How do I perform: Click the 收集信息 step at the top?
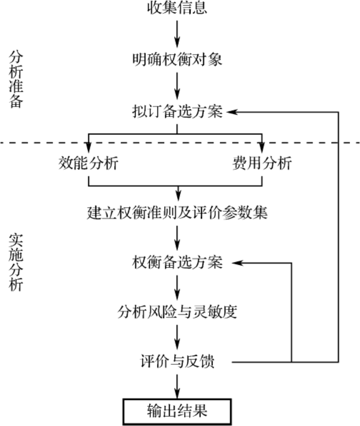coord(177,8)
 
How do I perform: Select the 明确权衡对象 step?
coord(177,60)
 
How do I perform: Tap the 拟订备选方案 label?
coord(177,111)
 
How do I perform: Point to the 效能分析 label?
coord(88,163)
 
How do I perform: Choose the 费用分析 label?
coord(262,163)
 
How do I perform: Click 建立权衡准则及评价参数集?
coord(177,212)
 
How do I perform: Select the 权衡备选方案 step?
coord(177,263)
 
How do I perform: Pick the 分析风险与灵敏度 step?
coord(177,312)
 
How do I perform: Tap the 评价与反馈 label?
coord(177,362)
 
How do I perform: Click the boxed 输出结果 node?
coord(177,411)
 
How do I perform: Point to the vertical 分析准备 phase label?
coord(16,79)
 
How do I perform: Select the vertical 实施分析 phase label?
coord(16,263)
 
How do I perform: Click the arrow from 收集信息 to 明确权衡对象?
coord(177,34)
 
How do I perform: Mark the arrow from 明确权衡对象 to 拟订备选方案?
coord(177,86)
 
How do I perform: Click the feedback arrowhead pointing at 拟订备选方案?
coord(232,112)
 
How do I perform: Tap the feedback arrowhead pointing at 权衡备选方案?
coord(237,263)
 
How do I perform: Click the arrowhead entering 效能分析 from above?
coord(88,147)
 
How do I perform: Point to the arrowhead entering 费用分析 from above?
coord(262,147)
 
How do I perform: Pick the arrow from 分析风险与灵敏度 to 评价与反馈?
coord(177,337)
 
